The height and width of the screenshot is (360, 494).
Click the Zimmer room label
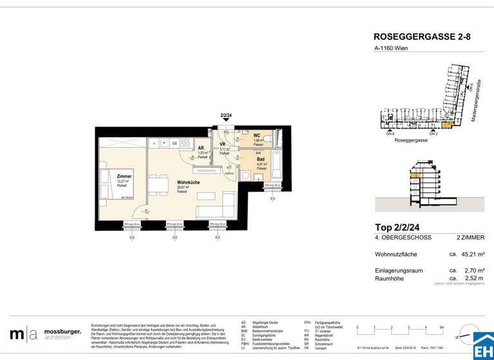tap(124, 175)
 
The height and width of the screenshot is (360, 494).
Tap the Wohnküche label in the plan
tap(188, 183)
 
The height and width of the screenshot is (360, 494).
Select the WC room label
tap(257, 136)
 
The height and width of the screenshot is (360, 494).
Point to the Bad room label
tap(259, 160)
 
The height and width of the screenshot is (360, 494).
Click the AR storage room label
tap(201, 148)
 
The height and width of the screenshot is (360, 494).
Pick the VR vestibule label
tap(223, 145)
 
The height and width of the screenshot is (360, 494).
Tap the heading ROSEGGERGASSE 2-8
tap(422, 37)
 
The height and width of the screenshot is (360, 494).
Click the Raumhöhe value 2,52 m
tap(466, 278)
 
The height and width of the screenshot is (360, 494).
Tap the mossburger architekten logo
tap(45, 334)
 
